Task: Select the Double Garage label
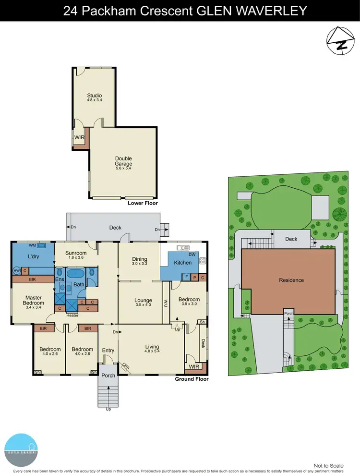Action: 123,161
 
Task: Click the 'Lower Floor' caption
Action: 143,203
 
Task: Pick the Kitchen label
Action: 183,263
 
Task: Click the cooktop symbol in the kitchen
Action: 203,261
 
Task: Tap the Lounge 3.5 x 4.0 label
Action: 143,303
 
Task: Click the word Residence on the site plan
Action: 291,280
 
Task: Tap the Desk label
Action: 204,344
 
